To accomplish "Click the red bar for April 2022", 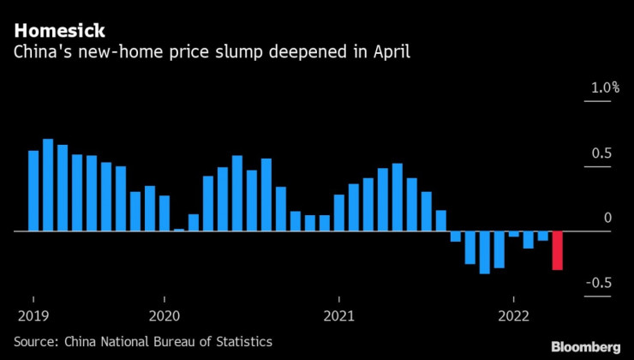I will click(557, 250).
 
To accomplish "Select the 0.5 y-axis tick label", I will click(604, 154).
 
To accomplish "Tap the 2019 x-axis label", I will click(33, 315).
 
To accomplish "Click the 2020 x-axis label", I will click(164, 315).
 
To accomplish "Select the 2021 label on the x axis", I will click(339, 315).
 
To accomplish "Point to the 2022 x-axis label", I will click(513, 315).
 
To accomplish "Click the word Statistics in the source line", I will click(242, 341).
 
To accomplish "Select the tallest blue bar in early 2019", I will click(48, 185).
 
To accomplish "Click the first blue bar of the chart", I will click(33, 190).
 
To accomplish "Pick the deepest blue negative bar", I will click(485, 252).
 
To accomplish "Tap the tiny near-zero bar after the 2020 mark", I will click(179, 230).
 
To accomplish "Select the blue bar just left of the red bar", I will click(542, 236).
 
